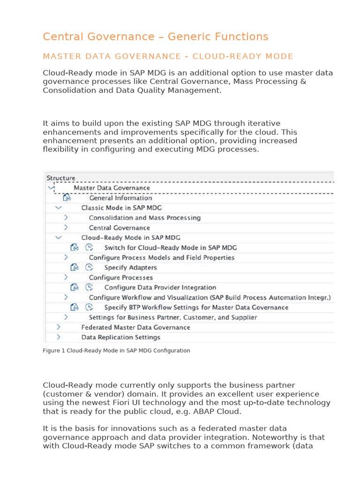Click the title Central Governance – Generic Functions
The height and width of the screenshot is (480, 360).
pyautogui.click(x=155, y=37)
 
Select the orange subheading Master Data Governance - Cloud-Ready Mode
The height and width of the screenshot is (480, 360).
pyautogui.click(x=168, y=57)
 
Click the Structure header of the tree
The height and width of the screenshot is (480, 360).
pyautogui.click(x=60, y=178)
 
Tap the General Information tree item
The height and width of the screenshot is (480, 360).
pyautogui.click(x=120, y=198)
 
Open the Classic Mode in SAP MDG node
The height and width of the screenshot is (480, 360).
pyautogui.click(x=122, y=208)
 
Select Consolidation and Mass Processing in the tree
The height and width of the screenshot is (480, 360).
pyautogui.click(x=144, y=217)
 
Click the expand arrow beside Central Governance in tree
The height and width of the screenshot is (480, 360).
pyautogui.click(x=66, y=227)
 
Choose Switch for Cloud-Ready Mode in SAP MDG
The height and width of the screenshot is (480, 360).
pyautogui.click(x=170, y=247)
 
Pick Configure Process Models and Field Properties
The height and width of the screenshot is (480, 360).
pyautogui.click(x=161, y=257)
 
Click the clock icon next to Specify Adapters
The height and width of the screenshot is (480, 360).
pyautogui.click(x=89, y=267)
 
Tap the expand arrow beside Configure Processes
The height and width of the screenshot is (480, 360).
pyautogui.click(x=66, y=277)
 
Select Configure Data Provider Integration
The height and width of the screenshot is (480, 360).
pyautogui.click(x=160, y=287)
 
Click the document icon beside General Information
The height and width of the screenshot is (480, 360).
pyautogui.click(x=67, y=198)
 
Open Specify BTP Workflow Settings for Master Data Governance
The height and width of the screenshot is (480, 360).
pyautogui.click(x=196, y=307)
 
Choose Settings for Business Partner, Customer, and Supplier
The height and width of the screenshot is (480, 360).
pyautogui.click(x=172, y=317)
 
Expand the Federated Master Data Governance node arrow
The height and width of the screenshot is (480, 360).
pyautogui.click(x=58, y=327)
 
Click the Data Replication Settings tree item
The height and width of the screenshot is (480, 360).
pyautogui.click(x=120, y=337)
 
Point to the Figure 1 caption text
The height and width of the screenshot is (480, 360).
pyautogui.click(x=116, y=351)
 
